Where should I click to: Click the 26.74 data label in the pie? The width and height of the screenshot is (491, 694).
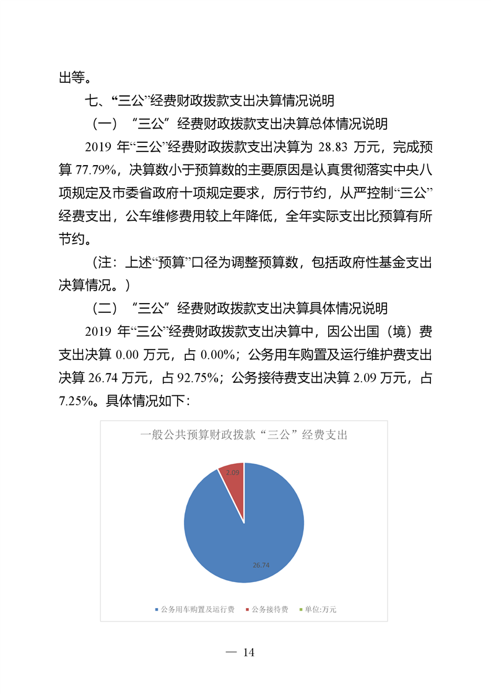coord(261,565)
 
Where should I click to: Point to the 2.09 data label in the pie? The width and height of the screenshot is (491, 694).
coord(233,472)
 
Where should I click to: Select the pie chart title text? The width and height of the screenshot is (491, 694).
coord(244,435)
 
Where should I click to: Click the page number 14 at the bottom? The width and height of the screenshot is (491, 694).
coord(248,653)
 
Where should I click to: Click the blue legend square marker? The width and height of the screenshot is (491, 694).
coord(157,610)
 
